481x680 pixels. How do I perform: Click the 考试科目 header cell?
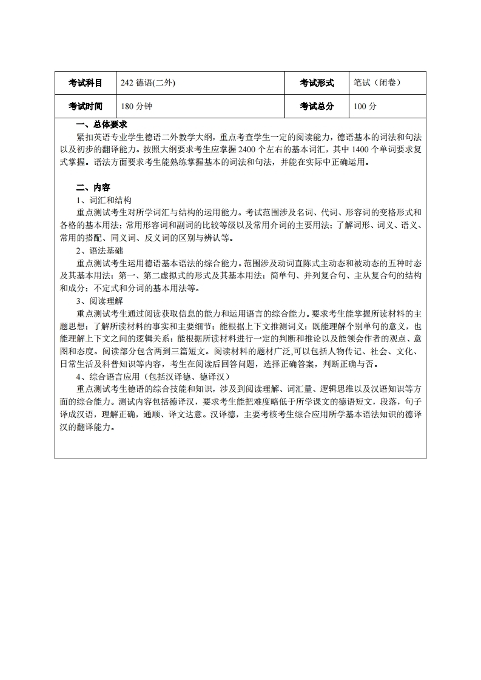point(85,83)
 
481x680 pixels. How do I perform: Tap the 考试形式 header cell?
point(317,83)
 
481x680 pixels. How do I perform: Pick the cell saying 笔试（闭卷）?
point(377,83)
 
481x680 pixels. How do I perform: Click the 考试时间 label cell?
point(85,106)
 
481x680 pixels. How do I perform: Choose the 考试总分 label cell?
point(317,106)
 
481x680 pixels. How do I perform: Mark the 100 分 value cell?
point(365,106)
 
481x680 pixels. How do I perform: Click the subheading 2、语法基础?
point(99,251)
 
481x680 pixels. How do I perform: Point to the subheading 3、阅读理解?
point(99,301)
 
